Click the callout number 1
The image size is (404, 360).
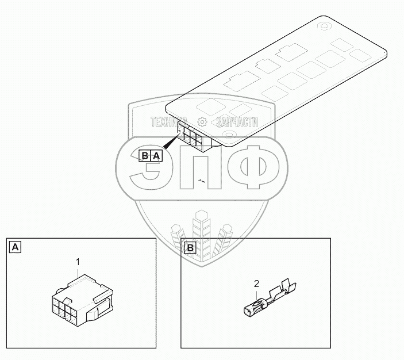(78, 262)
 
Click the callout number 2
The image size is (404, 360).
(256, 284)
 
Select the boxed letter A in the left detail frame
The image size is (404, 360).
(15, 247)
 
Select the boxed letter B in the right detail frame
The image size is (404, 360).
(190, 248)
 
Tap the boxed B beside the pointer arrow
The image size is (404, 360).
(145, 155)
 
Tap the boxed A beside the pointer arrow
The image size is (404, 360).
(156, 155)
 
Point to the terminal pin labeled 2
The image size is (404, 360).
(270, 299)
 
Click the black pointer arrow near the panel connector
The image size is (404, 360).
(172, 141)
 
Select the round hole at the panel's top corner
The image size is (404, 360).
(324, 26)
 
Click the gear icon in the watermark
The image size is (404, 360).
(202, 122)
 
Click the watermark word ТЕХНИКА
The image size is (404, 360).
(169, 122)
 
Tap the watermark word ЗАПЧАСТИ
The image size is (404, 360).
(237, 122)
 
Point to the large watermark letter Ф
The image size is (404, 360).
(254, 167)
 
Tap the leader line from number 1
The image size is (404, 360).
(78, 273)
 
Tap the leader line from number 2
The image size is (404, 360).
(257, 296)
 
